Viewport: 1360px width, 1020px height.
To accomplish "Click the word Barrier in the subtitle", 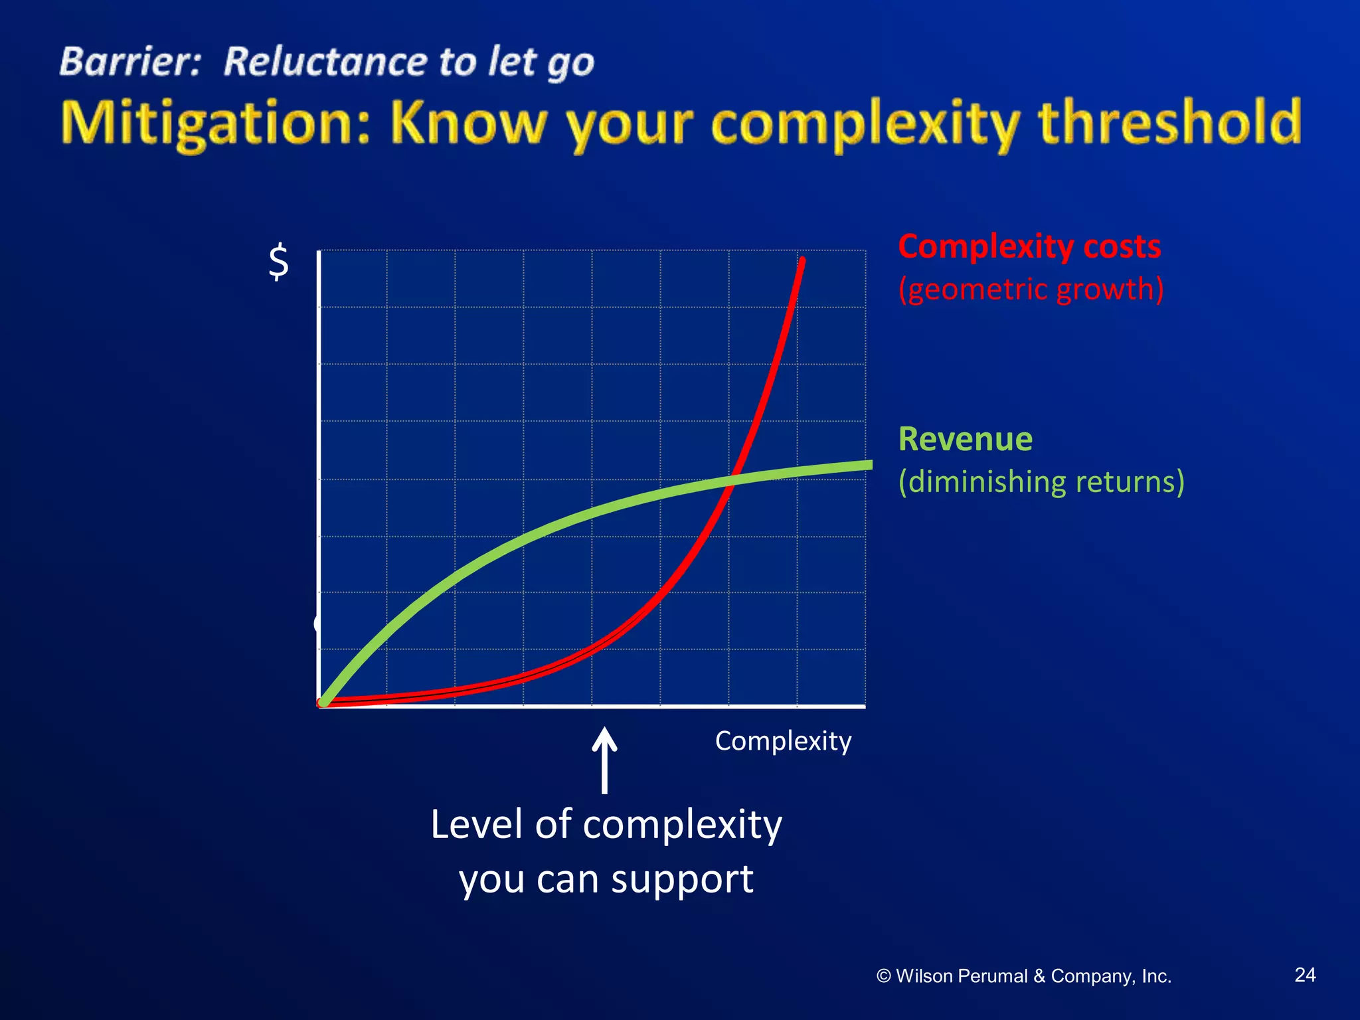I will (x=129, y=62).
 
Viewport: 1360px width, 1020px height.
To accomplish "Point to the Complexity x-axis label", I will (x=783, y=740).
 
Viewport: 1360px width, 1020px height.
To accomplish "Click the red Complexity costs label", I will (x=1029, y=246).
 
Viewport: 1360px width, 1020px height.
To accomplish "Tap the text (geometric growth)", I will (x=1031, y=289).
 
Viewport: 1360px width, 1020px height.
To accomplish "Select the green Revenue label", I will (x=965, y=439).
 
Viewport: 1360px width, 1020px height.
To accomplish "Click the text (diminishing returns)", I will (x=1041, y=481).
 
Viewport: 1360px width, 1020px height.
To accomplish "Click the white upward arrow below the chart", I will (x=604, y=760).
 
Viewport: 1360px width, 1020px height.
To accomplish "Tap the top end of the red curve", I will (x=803, y=260).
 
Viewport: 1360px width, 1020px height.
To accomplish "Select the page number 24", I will (x=1305, y=974).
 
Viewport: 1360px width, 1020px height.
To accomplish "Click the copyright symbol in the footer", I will (x=883, y=976).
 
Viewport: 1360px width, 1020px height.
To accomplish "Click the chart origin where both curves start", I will (x=323, y=703).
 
